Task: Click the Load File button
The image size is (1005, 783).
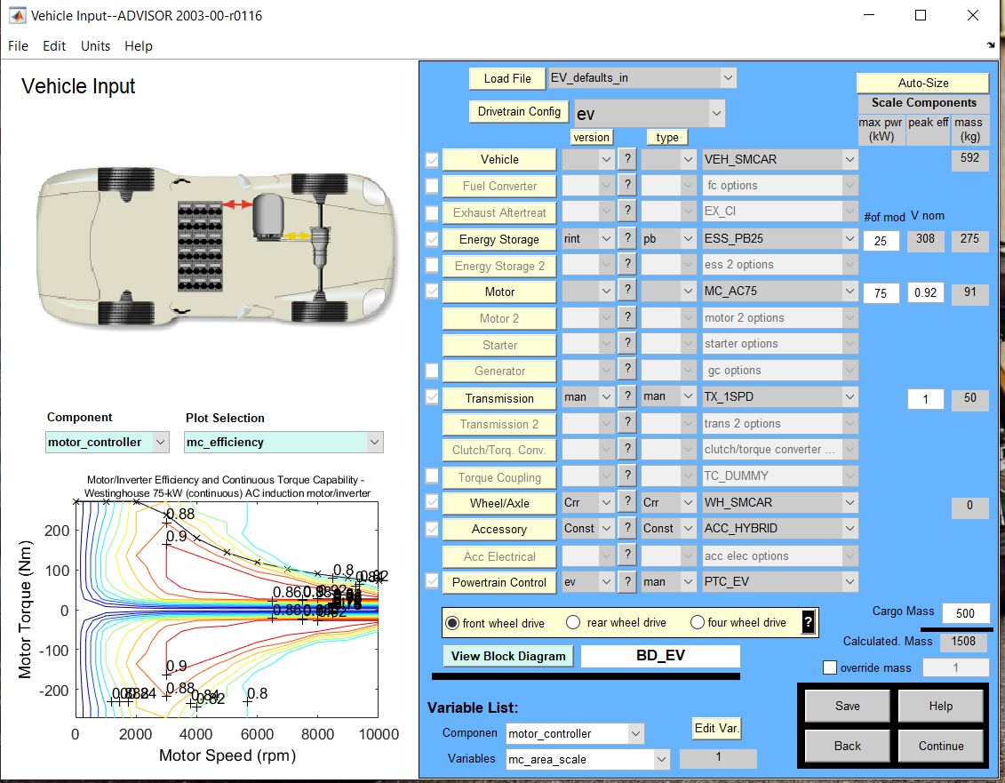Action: point(507,78)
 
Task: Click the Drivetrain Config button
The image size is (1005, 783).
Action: point(519,111)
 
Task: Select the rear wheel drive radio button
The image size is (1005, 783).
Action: point(573,623)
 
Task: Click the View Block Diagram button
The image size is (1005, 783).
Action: point(507,657)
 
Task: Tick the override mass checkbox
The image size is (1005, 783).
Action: point(830,667)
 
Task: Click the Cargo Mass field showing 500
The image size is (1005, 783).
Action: point(965,613)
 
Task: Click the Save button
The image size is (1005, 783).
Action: point(847,706)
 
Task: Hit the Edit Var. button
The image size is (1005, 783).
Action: point(716,728)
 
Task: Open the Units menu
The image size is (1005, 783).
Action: point(95,46)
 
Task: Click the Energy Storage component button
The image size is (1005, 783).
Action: point(499,239)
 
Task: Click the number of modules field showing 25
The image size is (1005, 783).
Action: point(880,240)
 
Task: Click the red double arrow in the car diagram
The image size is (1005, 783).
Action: point(236,204)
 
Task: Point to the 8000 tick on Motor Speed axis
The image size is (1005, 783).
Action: point(317,734)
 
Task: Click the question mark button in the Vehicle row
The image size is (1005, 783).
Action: point(626,159)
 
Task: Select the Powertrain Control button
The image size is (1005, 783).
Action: point(499,582)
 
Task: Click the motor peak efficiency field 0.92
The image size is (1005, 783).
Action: point(925,292)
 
